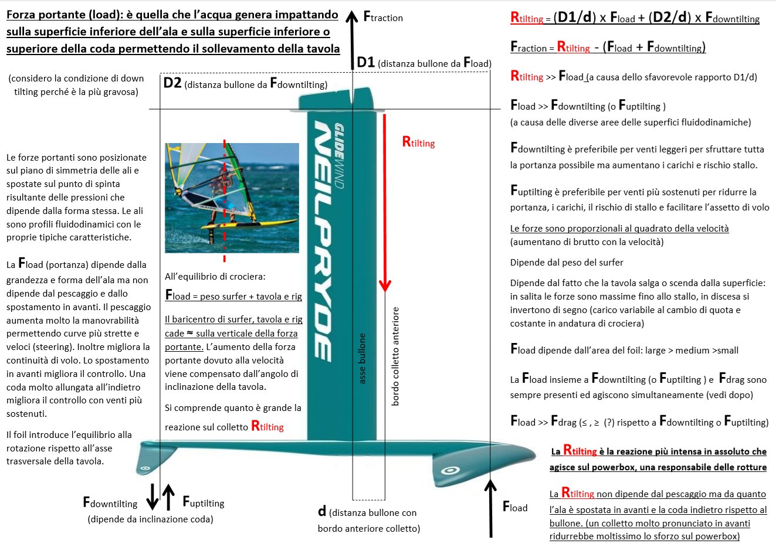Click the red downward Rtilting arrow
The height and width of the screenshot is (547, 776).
(385, 202)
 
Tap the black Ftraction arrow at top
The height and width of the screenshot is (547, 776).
(353, 40)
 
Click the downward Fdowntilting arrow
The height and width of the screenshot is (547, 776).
(152, 497)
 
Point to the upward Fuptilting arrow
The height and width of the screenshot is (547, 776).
(168, 497)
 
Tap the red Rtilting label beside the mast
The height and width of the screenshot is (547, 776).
(418, 142)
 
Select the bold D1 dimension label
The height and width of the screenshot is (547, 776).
(366, 62)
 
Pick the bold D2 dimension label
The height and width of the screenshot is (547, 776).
(172, 83)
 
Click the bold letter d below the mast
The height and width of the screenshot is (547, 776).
(322, 511)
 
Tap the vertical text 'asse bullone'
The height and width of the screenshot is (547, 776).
(362, 358)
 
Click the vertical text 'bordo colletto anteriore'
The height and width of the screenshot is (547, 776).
(395, 356)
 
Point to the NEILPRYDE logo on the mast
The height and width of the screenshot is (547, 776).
(323, 242)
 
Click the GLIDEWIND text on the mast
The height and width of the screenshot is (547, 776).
(339, 156)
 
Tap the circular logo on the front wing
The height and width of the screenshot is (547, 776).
(450, 470)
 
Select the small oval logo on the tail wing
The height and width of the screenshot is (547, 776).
(145, 468)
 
